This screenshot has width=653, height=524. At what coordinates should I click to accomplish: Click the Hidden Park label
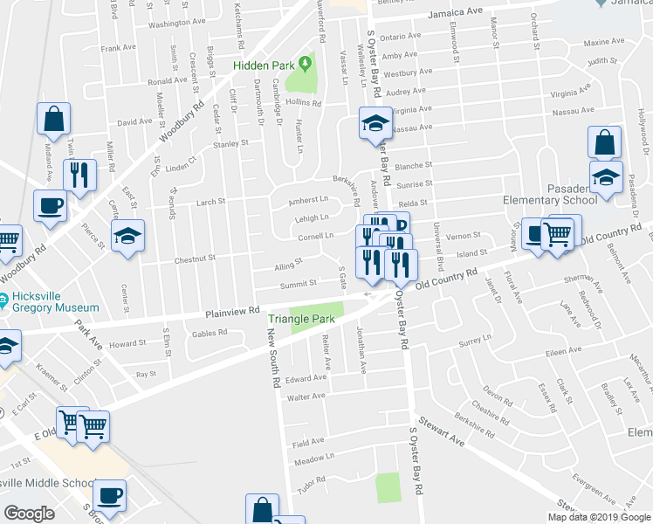[x=262, y=65]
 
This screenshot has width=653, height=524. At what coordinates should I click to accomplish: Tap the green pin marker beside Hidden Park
[x=305, y=63]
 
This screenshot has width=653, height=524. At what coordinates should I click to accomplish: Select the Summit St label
[x=298, y=284]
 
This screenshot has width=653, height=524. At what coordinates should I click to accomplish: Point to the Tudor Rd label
[x=311, y=485]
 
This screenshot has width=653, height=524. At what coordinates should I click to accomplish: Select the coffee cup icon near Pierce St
[x=50, y=206]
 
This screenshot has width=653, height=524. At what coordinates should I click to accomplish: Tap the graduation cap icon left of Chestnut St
[x=128, y=235]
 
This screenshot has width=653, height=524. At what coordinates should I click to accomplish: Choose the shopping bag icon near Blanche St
[x=604, y=141]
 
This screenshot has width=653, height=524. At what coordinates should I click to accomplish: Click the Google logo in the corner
[x=29, y=514]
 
